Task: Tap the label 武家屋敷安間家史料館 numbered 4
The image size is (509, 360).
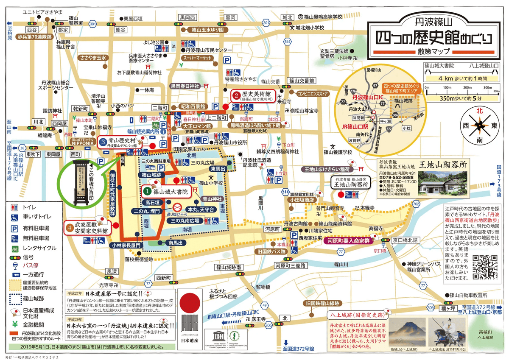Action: pyautogui.click(x=91, y=229)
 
